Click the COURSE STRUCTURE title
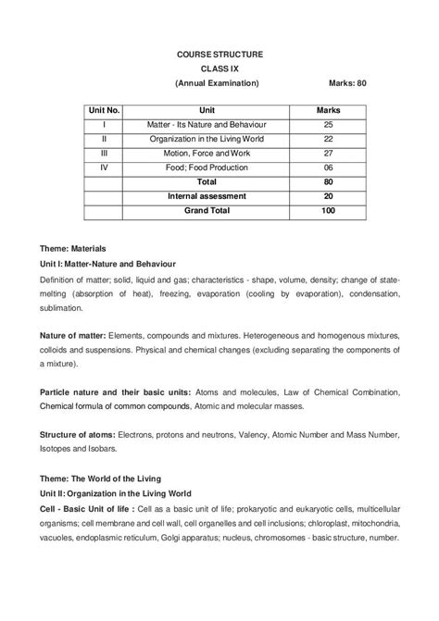coord(219,55)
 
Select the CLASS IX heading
coord(219,69)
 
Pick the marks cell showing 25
coord(328,124)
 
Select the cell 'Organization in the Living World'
coord(207,139)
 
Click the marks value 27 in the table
coord(328,153)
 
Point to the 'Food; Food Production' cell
coord(207,168)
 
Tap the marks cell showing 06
coord(328,168)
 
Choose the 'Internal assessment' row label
coord(207,196)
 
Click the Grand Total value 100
coord(328,211)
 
